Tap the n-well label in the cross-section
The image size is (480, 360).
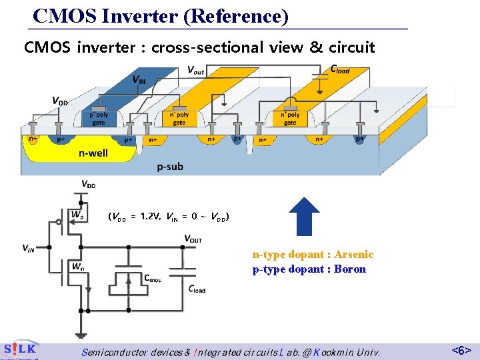pos(93,153)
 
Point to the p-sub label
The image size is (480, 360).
pos(170,167)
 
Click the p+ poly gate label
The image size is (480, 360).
pos(98,118)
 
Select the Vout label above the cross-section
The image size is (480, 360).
pos(195,70)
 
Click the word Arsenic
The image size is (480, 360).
pos(354,255)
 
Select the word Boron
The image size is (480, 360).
pos(350,269)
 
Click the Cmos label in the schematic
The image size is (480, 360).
pos(152,277)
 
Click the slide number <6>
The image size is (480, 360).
pos(461,349)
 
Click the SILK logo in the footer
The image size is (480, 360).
pos(19,349)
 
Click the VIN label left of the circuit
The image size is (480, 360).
pos(29,249)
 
